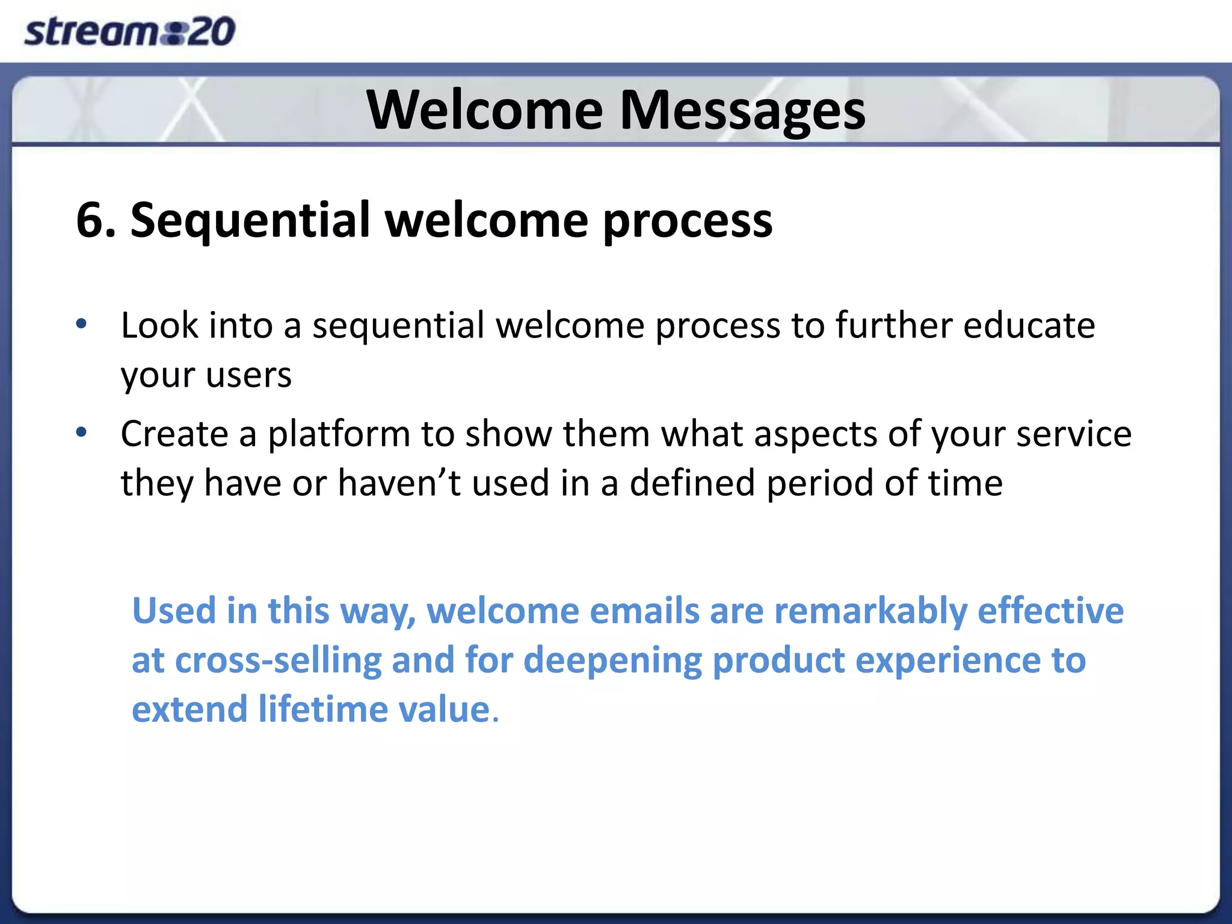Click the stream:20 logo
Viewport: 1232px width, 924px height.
(x=129, y=31)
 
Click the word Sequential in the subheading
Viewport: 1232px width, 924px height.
(x=250, y=220)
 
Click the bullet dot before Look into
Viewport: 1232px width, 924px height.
(x=82, y=325)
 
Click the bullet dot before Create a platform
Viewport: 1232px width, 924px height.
(x=82, y=433)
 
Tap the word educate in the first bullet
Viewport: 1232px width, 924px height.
(x=1029, y=325)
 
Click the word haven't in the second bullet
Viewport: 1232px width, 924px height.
(x=399, y=483)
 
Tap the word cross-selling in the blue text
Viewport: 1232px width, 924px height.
(x=279, y=661)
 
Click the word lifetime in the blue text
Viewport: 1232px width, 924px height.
(x=323, y=709)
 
